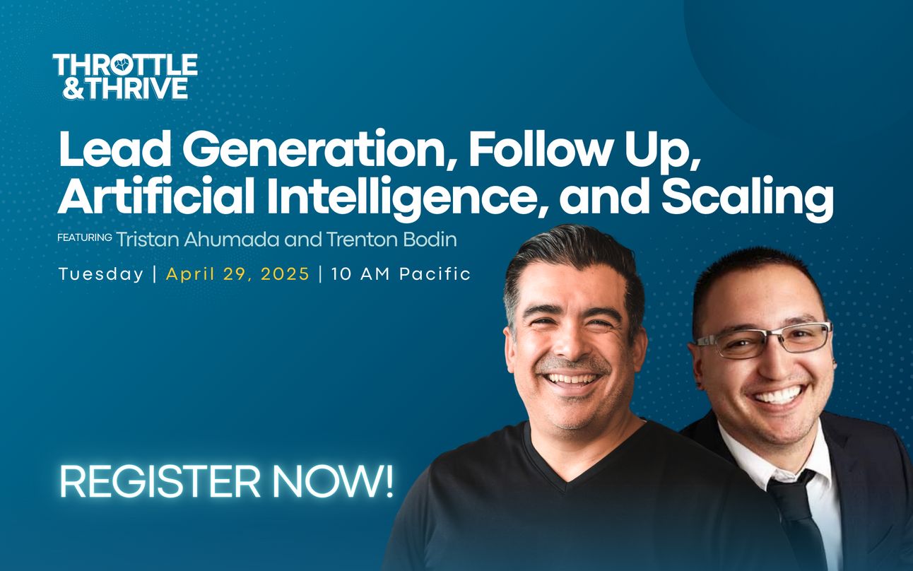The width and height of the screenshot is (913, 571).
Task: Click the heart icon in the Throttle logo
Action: [123, 64]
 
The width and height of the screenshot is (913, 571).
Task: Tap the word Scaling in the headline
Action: [747, 199]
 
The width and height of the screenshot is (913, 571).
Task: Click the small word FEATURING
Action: [85, 237]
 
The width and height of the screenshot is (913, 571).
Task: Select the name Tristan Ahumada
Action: [198, 240]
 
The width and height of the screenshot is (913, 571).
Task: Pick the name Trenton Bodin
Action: [391, 240]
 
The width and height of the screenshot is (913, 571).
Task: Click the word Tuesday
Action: [100, 274]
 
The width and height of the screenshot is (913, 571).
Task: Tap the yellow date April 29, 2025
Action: [238, 274]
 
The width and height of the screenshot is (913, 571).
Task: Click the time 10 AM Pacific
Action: [401, 274]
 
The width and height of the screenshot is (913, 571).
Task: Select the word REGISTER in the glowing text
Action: [160, 483]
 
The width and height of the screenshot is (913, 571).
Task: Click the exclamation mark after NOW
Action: [388, 482]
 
